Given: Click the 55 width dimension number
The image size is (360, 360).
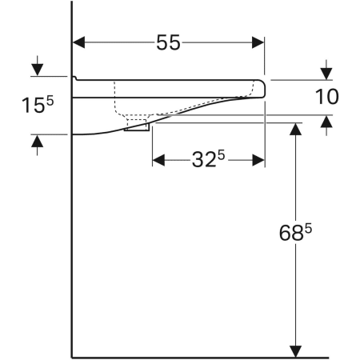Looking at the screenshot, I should [x=167, y=43].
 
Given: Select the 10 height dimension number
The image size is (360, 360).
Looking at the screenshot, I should [x=327, y=97].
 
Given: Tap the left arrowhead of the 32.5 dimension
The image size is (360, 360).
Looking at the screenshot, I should [x=158, y=160].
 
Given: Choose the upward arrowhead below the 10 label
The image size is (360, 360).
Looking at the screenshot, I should [x=326, y=122].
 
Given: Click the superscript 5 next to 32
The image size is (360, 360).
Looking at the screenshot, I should [x=220, y=154].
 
